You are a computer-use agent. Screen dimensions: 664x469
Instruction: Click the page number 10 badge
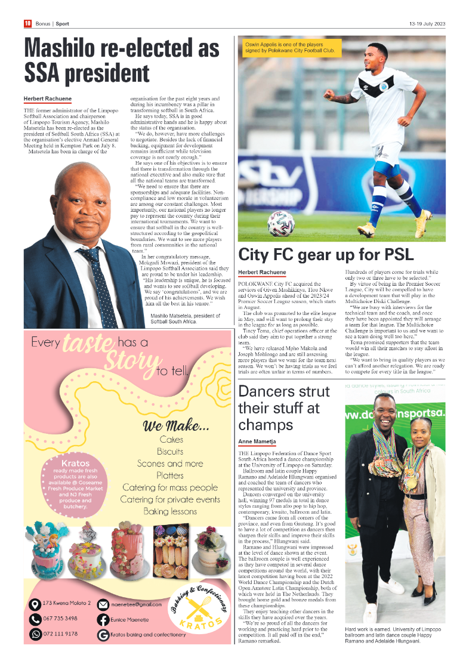[27, 24]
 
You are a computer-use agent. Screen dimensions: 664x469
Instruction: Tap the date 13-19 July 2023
[427, 24]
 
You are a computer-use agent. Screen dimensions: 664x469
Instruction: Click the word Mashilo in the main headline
[70, 48]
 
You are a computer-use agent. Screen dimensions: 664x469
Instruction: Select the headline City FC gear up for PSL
[326, 255]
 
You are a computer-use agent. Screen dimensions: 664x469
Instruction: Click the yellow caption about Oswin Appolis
[291, 48]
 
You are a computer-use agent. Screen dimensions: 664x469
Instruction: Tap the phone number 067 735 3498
[60, 619]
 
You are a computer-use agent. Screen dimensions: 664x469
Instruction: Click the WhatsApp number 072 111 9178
[60, 634]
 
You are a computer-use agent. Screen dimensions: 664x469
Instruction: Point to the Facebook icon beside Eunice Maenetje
[103, 619]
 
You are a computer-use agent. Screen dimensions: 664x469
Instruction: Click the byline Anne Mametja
[257, 441]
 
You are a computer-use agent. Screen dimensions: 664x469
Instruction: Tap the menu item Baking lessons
[170, 511]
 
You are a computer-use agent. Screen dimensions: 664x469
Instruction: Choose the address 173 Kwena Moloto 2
[67, 604]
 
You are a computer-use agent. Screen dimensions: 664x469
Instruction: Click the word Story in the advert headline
[128, 361]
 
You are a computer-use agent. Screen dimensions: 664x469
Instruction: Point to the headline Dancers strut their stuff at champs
[283, 408]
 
